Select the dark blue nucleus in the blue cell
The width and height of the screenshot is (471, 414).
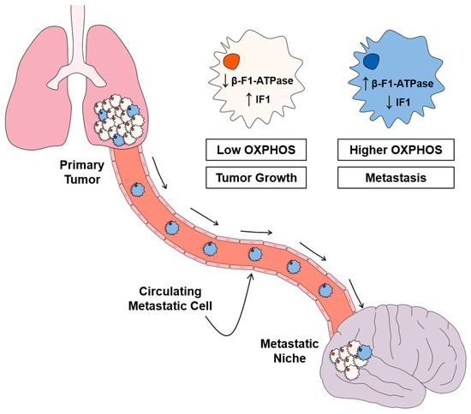coord(371,62)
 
